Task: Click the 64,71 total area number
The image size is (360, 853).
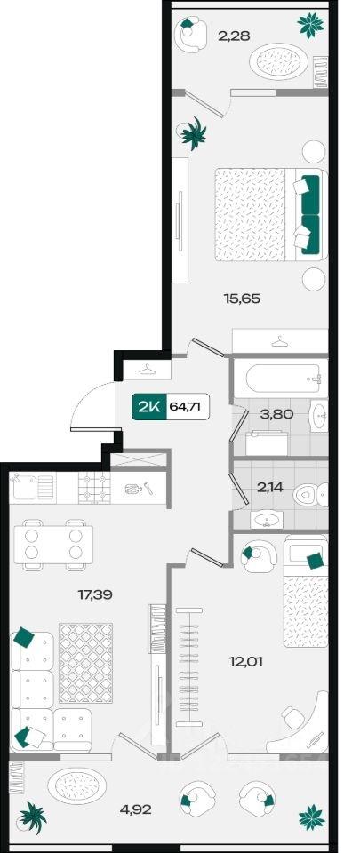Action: coord(188,407)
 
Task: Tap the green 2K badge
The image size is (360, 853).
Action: coord(148,407)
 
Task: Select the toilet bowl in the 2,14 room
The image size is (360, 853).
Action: coord(310,496)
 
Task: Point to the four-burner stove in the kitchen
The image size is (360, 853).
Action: coord(94,487)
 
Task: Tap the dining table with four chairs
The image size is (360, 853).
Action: coord(53,545)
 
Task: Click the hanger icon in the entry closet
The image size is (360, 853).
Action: coord(148,370)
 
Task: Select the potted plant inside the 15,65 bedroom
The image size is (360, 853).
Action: coord(193,132)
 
